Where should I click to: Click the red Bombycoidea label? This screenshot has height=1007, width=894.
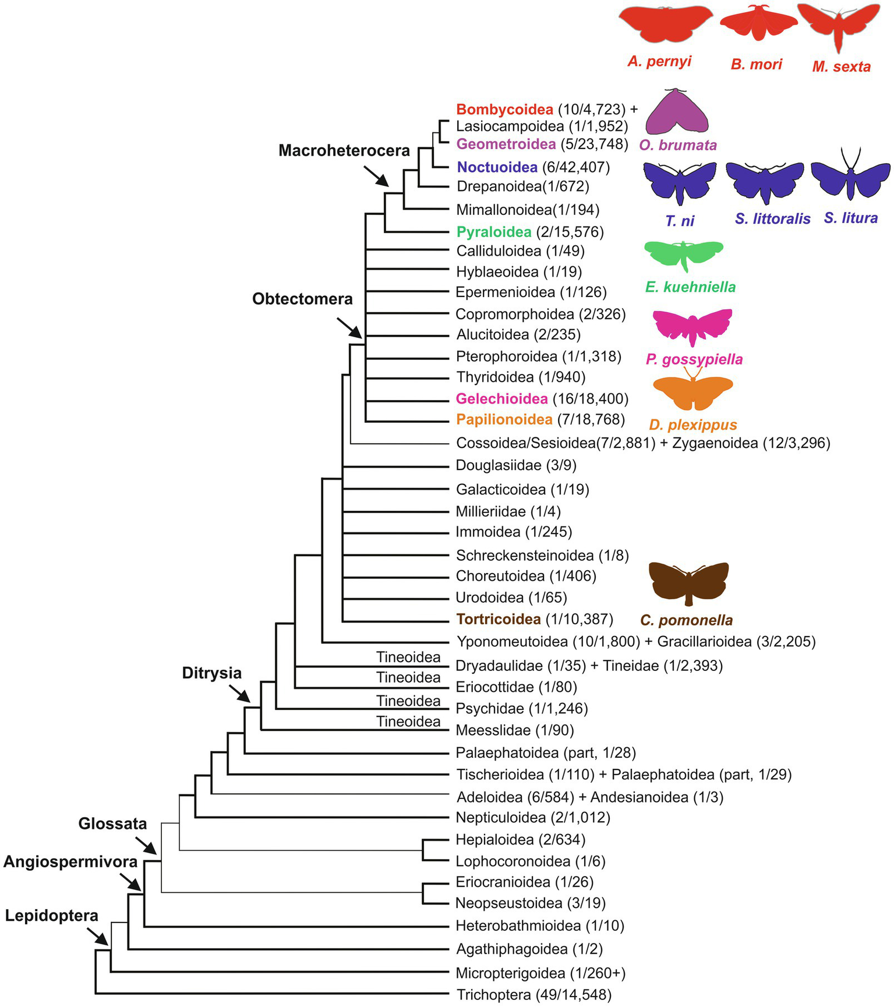[504, 109]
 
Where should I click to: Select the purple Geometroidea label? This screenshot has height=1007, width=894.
[506, 144]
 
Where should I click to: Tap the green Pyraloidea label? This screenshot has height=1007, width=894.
[494, 232]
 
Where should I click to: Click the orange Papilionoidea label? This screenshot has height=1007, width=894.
[504, 419]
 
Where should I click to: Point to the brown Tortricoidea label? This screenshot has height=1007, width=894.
[499, 620]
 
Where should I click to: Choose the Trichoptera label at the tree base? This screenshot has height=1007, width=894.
[494, 995]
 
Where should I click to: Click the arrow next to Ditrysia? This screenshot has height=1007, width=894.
[239, 693]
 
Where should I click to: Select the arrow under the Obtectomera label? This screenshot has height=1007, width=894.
[349, 327]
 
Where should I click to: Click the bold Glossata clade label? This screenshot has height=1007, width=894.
[112, 824]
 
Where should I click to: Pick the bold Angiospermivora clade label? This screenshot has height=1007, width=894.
[70, 862]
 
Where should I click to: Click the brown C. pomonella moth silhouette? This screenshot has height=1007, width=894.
[688, 582]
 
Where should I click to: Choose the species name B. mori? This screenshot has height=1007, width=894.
[757, 65]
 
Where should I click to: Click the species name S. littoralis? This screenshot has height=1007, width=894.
[772, 219]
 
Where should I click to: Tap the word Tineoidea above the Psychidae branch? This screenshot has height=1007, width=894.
[408, 701]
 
